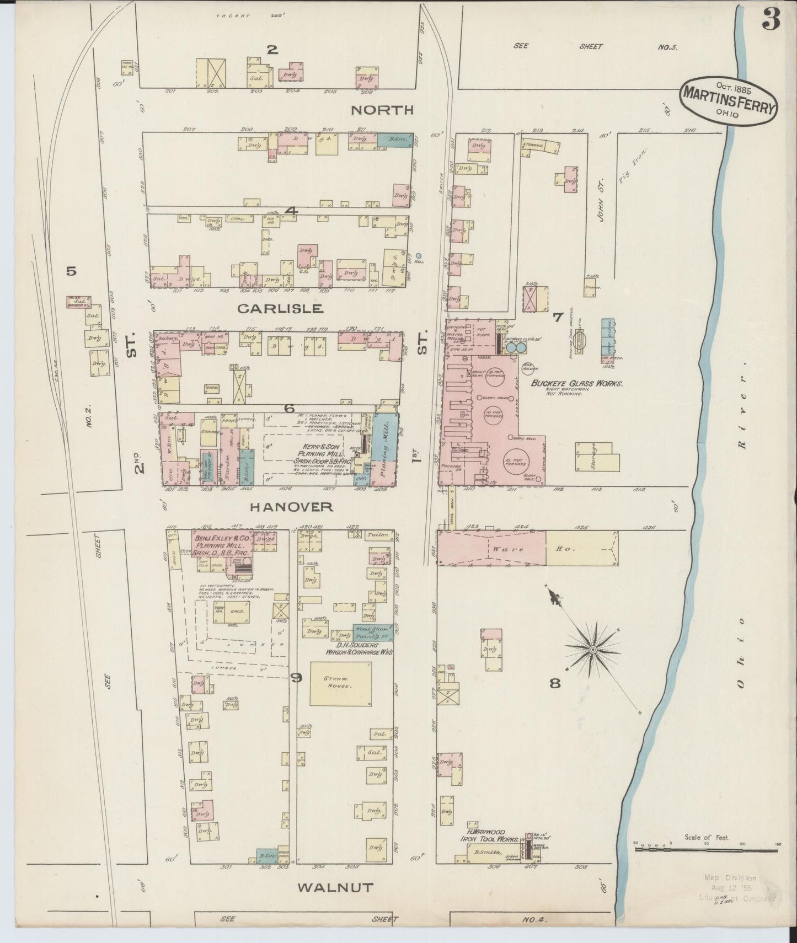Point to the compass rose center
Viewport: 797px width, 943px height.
592,651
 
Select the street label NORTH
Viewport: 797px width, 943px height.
382,110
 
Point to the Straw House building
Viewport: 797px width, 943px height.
340,683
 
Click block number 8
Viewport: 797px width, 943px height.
555,683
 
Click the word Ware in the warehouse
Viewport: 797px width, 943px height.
504,549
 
